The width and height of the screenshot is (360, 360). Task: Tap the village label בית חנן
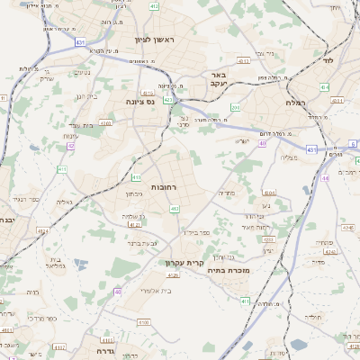click(85, 95)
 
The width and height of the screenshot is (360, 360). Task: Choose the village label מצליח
click(289, 157)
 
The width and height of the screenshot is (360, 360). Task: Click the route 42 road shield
click(70, 146)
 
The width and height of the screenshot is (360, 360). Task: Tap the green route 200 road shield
click(234, 108)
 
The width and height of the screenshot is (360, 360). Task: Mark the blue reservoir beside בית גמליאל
click(82, 265)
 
